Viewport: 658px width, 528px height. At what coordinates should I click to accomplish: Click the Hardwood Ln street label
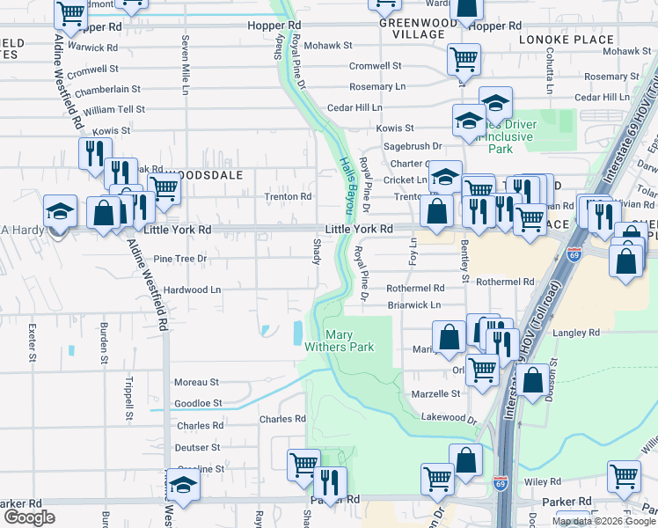pos(192,290)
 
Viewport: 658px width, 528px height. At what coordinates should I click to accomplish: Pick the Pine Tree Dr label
pos(179,259)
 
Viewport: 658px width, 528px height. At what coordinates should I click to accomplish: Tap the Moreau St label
pos(196,383)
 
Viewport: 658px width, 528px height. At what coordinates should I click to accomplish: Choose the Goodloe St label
pos(198,403)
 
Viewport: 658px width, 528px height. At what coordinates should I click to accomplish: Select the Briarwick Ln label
pos(414,305)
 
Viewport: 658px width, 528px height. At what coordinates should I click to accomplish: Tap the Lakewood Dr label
pos(448,417)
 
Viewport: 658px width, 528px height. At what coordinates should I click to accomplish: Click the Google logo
pos(29,518)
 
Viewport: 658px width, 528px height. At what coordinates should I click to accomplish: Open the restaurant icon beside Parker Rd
pos(331,482)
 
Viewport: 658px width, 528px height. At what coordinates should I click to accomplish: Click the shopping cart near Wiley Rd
pos(624,475)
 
